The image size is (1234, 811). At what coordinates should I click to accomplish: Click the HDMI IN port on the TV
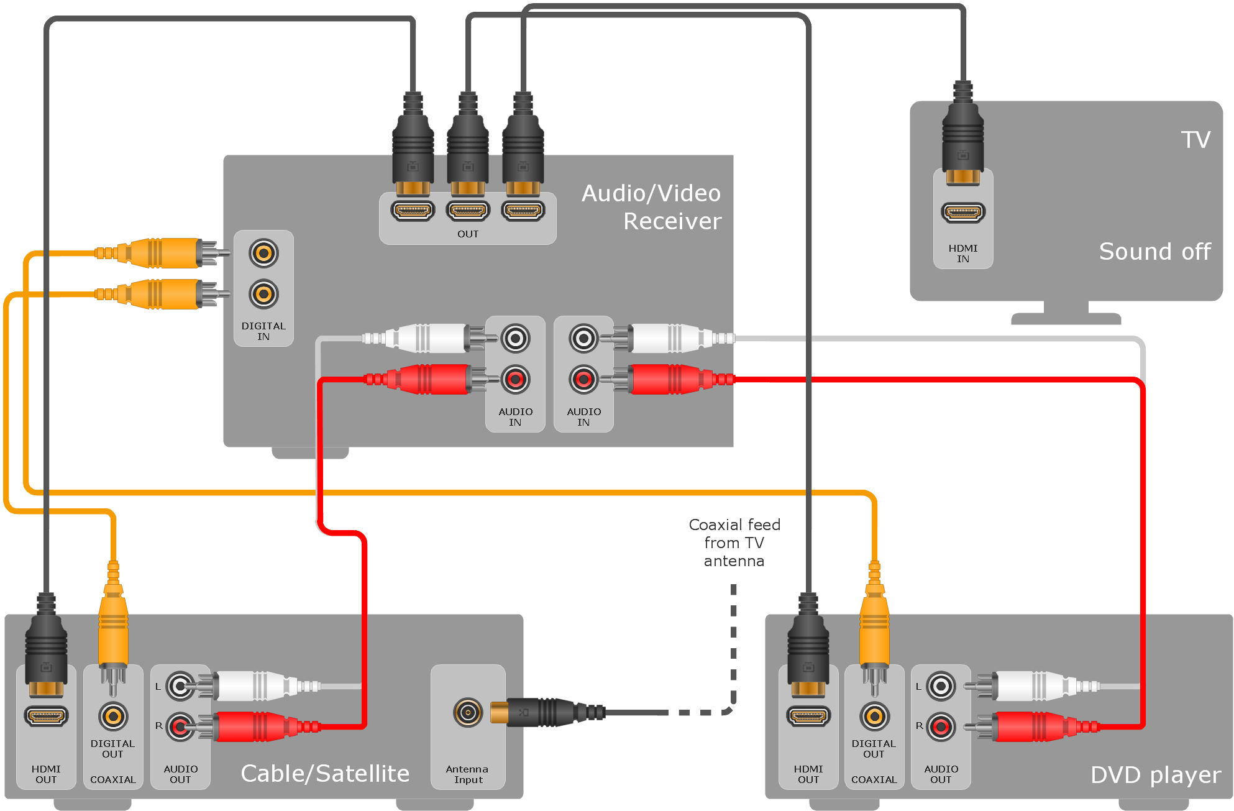coord(962,213)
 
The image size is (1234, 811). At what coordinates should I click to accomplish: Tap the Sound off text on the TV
coord(1154,252)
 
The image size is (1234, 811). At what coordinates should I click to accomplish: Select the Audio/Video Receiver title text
coord(652,207)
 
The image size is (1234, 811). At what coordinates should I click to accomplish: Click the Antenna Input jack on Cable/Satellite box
coord(467,712)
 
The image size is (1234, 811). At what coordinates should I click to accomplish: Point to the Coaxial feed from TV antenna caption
coord(734,543)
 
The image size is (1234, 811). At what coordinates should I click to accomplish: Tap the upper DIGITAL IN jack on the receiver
coord(263,254)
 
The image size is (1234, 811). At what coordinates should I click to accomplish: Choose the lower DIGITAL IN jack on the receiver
coord(263,295)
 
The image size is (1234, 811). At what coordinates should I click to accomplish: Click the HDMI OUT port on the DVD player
coord(808,717)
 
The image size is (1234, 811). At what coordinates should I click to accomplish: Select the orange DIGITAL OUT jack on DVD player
coord(874,717)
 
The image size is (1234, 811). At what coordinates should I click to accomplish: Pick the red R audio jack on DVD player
coord(941,726)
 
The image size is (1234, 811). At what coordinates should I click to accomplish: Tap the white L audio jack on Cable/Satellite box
coord(180,687)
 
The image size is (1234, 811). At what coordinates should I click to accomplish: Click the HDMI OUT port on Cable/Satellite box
coord(46,717)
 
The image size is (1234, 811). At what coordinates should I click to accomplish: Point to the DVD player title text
coord(1155,775)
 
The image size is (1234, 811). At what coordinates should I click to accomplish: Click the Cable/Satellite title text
coord(325,774)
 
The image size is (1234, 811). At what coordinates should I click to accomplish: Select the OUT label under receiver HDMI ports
coord(468,234)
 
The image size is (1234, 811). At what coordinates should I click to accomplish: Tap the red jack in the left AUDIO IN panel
coord(515,379)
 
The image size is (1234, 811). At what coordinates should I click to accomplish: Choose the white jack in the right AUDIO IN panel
coord(583,339)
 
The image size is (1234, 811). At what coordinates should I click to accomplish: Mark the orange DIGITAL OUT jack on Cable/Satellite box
coord(113,717)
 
